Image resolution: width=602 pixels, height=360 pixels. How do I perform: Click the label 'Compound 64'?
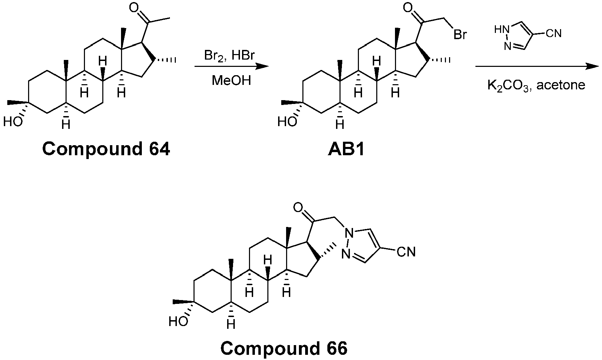(x=106, y=149)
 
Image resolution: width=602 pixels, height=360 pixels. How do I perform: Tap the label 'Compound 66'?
(x=284, y=348)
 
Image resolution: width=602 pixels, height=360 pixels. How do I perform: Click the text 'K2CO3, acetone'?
(x=536, y=85)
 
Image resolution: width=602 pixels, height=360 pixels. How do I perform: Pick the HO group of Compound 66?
(x=178, y=322)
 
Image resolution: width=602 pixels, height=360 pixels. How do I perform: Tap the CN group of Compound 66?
(x=406, y=252)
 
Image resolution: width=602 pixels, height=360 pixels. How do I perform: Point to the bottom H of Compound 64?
(x=66, y=124)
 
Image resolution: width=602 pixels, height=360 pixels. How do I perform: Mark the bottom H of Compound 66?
(x=231, y=325)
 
